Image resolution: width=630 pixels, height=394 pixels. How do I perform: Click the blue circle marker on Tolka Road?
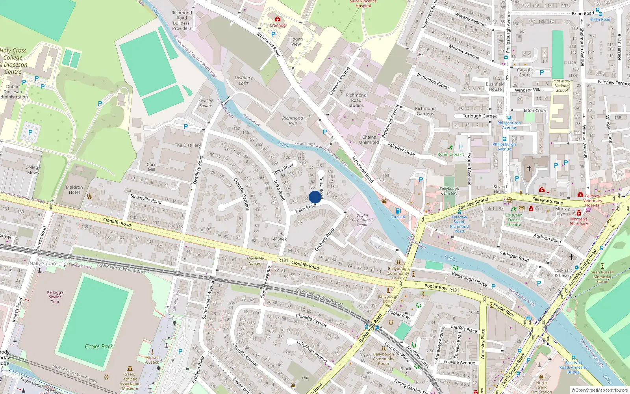point(315,197)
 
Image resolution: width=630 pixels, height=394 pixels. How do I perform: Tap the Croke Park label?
point(99,346)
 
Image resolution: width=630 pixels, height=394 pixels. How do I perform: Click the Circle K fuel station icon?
point(398,211)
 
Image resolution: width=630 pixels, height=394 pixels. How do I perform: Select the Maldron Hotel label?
point(74,190)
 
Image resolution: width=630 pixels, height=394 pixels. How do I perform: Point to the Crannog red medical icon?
point(278,19)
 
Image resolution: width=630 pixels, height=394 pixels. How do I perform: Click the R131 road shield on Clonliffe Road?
point(283,260)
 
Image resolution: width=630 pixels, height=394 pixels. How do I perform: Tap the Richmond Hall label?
point(293,121)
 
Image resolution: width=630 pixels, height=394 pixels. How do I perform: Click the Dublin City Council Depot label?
point(362,220)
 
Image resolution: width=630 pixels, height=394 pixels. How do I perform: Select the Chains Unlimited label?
point(369,140)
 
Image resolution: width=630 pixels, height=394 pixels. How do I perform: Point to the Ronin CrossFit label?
point(451,154)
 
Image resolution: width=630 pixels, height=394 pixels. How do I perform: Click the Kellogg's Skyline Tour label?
point(55,297)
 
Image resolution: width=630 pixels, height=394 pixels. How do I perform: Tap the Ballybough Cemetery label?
point(449,191)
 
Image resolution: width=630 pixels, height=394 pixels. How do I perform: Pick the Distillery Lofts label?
point(244,80)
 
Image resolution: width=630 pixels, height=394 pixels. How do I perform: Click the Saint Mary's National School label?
point(562,86)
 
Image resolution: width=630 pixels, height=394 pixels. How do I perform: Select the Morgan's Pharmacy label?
point(579,221)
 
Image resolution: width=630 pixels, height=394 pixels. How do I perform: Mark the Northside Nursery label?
point(255,261)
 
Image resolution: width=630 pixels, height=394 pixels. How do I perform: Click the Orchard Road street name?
point(324,239)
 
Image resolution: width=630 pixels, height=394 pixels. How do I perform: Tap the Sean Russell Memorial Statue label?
point(602,277)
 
